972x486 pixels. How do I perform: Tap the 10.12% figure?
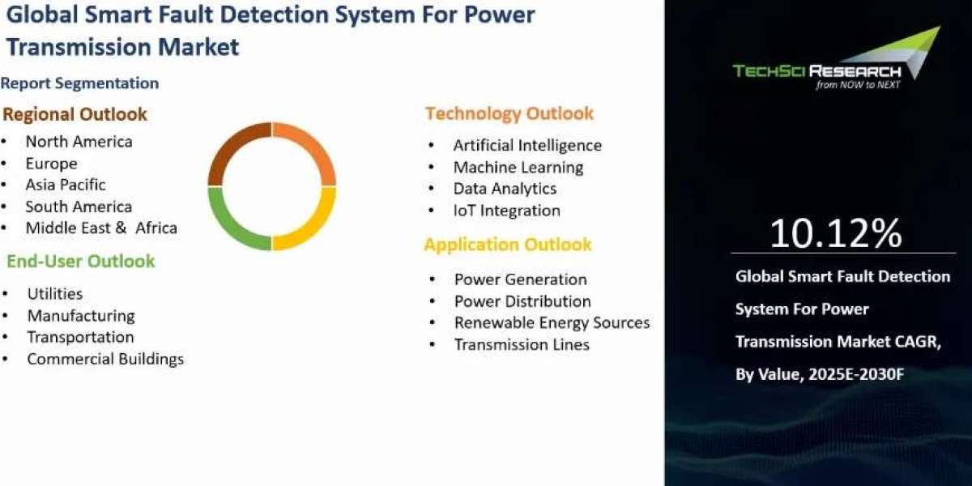(835, 233)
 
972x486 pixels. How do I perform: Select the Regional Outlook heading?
(75, 114)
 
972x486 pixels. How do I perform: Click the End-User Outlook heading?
(81, 261)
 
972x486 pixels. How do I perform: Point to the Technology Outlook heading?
(509, 113)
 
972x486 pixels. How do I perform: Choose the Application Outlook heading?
(508, 245)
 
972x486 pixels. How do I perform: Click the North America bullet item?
(79, 142)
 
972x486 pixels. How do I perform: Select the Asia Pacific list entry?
(66, 185)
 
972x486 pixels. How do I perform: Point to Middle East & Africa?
(101, 228)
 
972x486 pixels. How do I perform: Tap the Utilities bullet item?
(55, 294)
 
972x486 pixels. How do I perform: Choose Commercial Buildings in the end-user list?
(105, 359)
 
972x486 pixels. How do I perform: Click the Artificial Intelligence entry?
(527, 146)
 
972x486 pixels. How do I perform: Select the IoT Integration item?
(507, 211)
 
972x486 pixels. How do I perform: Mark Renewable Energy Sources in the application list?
(552, 322)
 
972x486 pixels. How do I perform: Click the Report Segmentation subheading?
(80, 83)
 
